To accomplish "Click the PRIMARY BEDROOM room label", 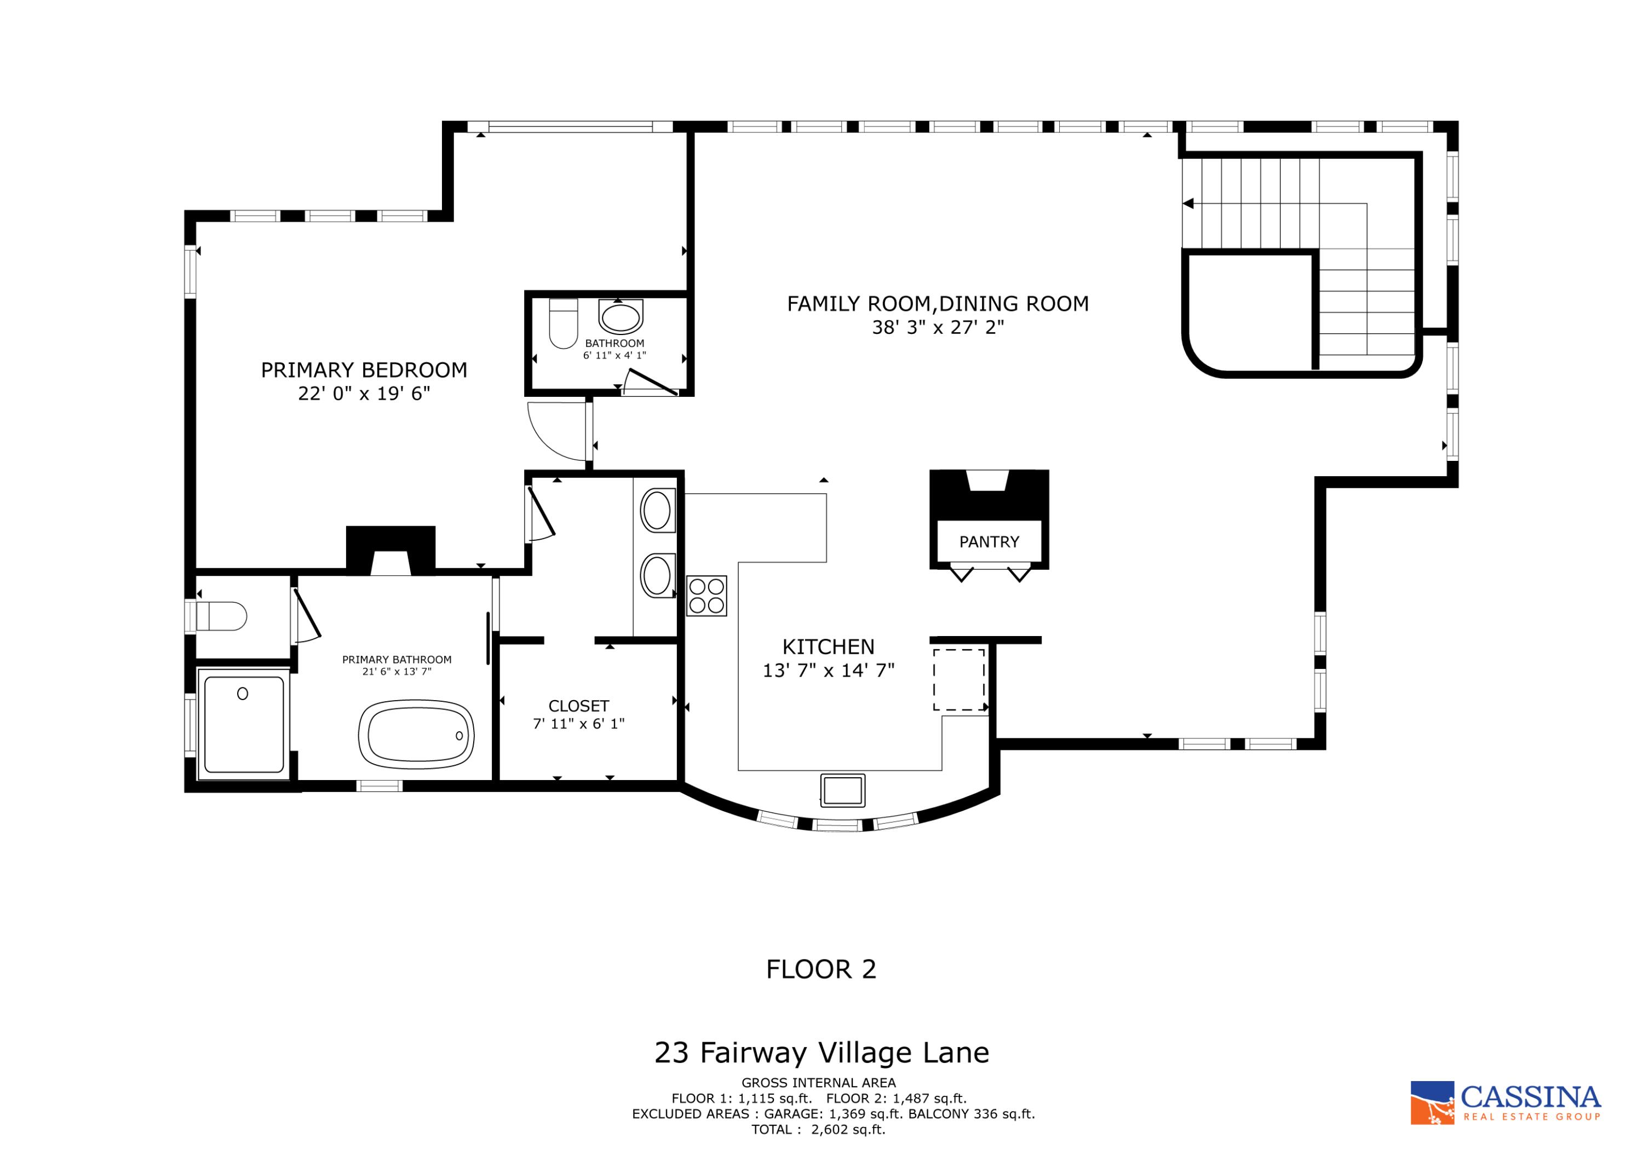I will point(364,370).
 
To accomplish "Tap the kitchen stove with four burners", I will point(706,595).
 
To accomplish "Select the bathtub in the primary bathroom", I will point(416,735).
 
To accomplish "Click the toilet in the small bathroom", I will point(563,324).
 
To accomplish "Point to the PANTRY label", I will point(989,541).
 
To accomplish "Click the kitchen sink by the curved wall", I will point(842,790).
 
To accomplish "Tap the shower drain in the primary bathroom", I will point(243,693).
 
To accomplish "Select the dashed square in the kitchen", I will point(959,679).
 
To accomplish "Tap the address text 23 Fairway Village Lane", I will point(821,1053).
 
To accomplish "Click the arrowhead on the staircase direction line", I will point(1188,204).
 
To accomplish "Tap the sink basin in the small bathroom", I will point(621,317).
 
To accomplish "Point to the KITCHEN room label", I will point(828,646).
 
